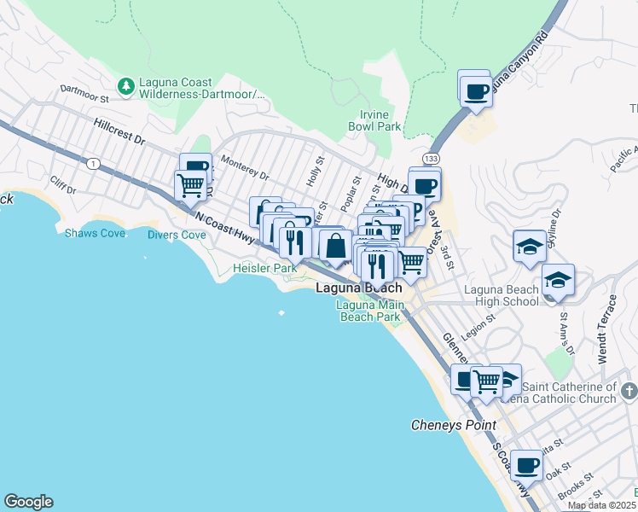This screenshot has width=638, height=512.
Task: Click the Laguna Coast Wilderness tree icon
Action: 126,85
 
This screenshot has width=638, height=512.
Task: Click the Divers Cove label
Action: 177,235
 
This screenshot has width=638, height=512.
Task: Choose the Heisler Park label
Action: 264,268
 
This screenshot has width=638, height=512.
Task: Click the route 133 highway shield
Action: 432,160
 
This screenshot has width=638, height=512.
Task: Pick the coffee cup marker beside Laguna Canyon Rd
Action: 476,91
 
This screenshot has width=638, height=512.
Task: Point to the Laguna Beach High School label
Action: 502,295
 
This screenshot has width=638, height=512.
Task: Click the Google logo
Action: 28,502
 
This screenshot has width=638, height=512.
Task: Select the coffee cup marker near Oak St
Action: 526,466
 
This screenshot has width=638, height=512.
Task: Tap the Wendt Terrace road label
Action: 606,328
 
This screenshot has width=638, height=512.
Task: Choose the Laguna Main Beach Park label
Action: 368,311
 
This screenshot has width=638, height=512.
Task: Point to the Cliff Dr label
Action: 63,183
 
